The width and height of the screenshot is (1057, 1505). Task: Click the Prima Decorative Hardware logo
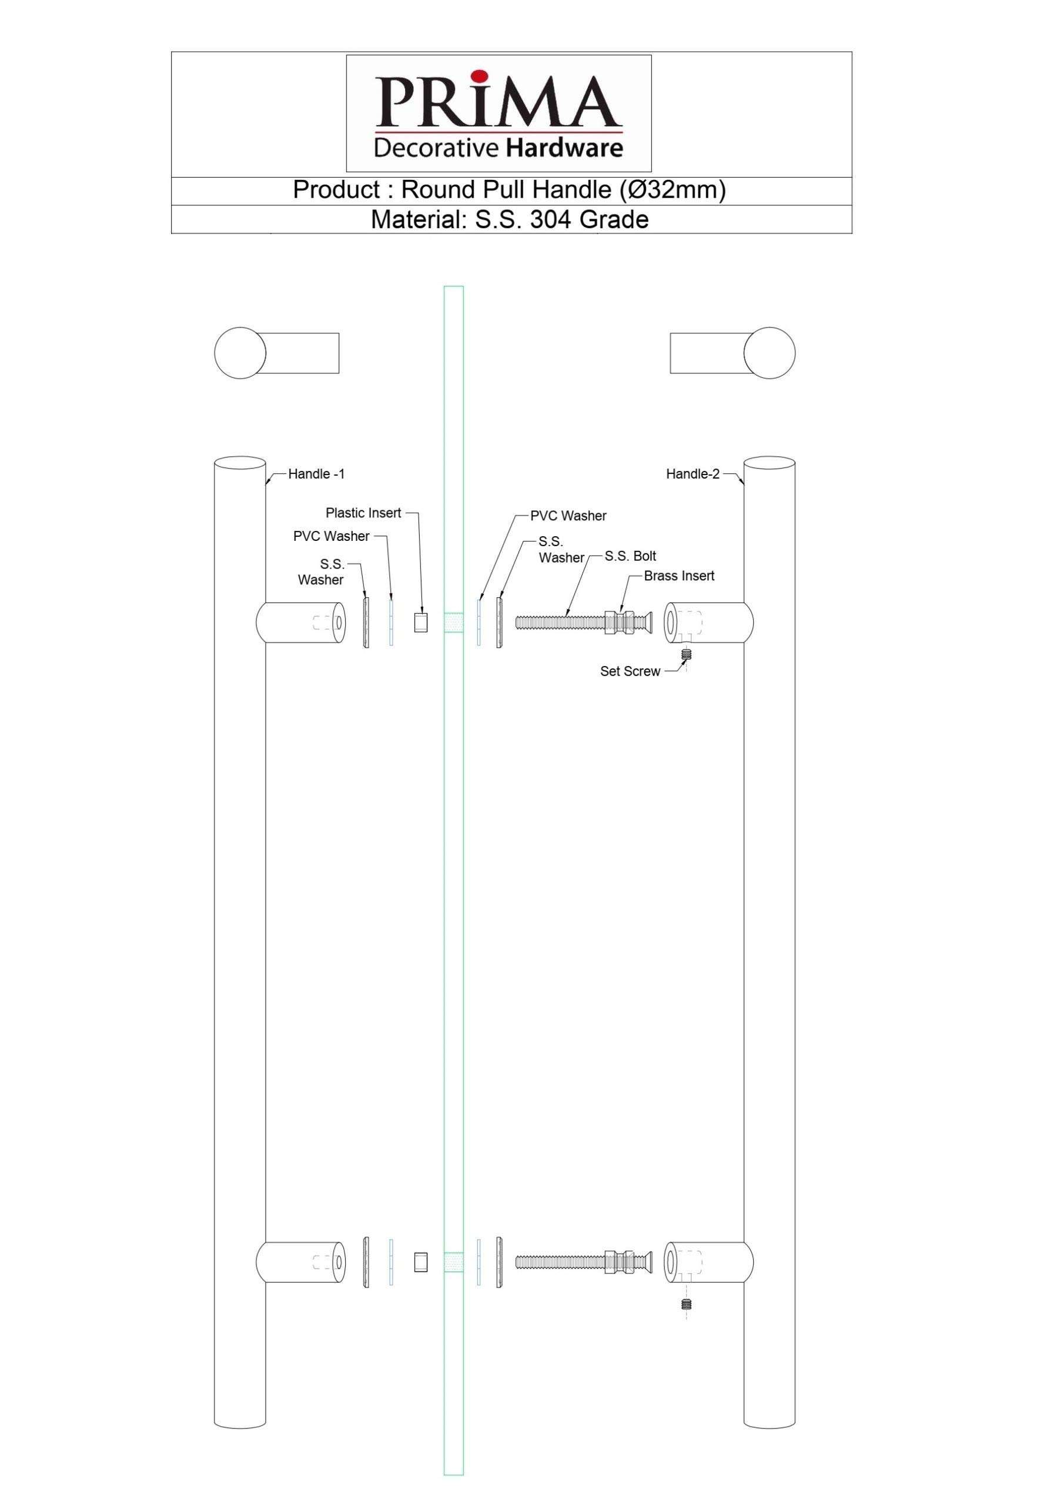(x=498, y=113)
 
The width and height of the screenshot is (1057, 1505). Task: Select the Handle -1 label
(x=316, y=474)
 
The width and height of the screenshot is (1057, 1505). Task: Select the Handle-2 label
(x=692, y=474)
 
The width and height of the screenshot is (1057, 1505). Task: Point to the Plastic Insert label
(x=363, y=513)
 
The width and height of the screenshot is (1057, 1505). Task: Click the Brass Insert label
(x=679, y=576)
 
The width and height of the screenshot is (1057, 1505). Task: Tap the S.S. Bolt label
(x=630, y=556)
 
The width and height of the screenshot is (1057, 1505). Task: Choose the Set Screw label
(x=630, y=671)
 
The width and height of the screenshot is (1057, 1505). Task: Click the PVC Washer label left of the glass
(x=331, y=536)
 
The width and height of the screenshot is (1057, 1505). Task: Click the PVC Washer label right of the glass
(x=568, y=516)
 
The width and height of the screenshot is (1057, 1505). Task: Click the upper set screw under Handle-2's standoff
(x=686, y=654)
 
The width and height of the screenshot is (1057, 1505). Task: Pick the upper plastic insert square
(x=421, y=622)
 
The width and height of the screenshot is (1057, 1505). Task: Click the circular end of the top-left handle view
(x=240, y=353)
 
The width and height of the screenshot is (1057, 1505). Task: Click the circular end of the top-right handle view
(x=770, y=353)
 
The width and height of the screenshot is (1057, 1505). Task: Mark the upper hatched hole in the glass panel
(x=453, y=622)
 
